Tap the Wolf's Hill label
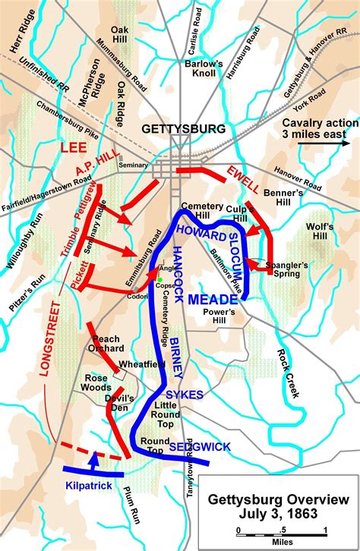pos(319,232)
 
